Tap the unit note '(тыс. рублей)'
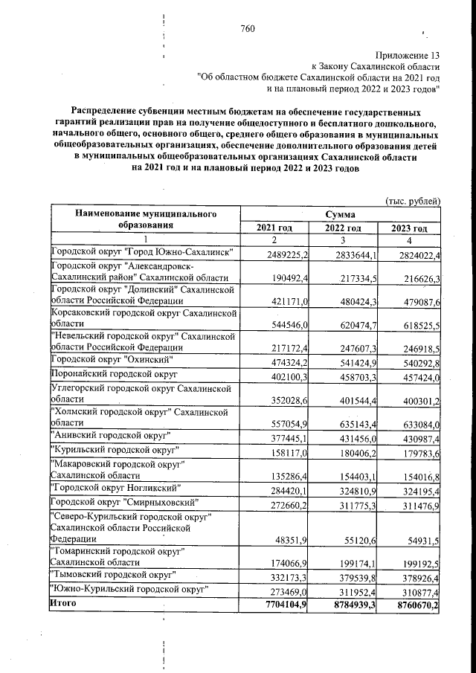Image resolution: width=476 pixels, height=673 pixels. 414,201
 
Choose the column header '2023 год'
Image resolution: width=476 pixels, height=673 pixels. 411,228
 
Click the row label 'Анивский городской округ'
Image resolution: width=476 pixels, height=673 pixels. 110,434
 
